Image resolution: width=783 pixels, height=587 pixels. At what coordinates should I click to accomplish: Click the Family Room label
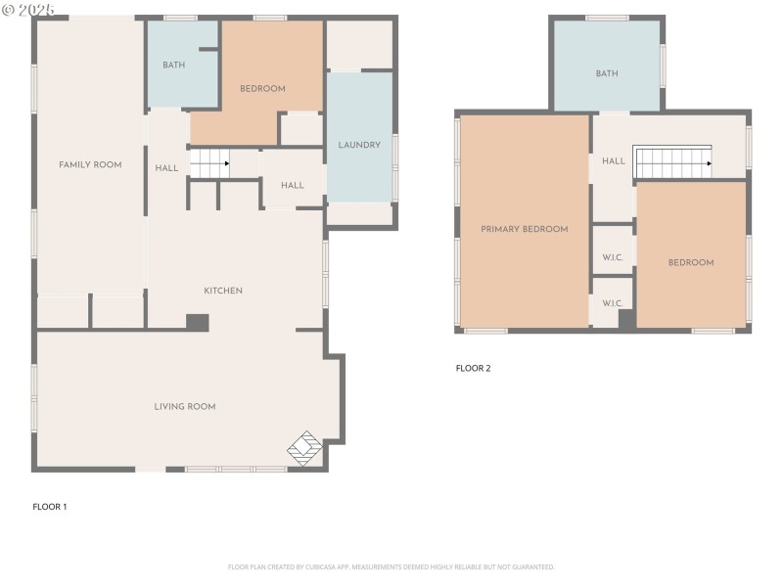click(x=90, y=164)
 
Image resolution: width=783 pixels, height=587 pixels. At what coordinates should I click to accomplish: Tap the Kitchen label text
click(x=222, y=291)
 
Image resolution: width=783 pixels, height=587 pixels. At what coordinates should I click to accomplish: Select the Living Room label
click(x=184, y=406)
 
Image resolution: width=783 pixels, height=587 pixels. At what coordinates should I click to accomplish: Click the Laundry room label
click(x=359, y=145)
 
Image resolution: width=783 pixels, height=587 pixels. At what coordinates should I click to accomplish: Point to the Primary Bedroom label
click(x=524, y=229)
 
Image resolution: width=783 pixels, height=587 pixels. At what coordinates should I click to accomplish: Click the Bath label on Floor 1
click(x=173, y=66)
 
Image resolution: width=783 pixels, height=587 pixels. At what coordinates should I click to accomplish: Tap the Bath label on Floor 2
click(x=607, y=73)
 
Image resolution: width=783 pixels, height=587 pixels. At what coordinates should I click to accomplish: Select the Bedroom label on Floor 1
click(x=262, y=89)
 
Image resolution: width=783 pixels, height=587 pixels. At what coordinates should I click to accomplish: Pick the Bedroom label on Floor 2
click(x=691, y=262)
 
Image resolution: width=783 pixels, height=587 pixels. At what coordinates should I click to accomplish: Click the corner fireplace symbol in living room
click(x=304, y=448)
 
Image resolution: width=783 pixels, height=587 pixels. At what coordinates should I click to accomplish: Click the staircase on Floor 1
click(x=208, y=163)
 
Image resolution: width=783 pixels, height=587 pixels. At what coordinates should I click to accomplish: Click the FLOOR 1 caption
click(x=50, y=507)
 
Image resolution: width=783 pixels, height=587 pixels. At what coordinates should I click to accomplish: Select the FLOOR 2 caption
click(x=473, y=368)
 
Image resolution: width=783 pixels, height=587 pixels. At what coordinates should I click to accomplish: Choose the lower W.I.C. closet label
click(x=613, y=303)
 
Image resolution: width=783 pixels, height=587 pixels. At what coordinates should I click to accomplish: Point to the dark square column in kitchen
click(x=198, y=322)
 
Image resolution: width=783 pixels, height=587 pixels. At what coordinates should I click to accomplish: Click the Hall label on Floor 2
click(x=614, y=161)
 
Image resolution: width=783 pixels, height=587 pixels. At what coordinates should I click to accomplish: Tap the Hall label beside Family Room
click(x=166, y=168)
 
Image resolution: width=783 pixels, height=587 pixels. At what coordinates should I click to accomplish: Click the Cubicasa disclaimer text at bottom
click(x=391, y=566)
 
